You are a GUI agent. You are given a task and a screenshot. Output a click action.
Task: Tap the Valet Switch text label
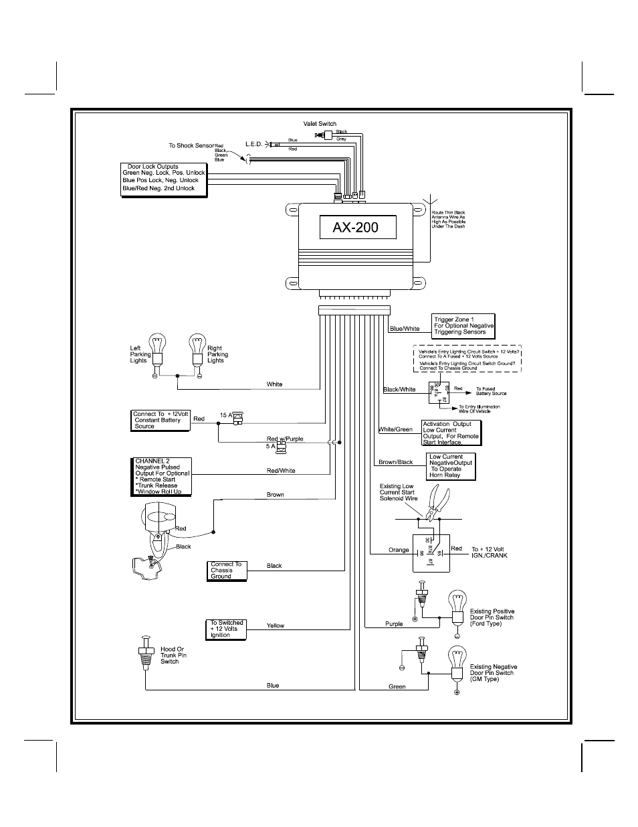pyautogui.click(x=320, y=124)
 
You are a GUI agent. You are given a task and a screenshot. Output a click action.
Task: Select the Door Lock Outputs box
pyautogui.click(x=164, y=179)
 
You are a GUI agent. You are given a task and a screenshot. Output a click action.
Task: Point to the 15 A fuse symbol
pyautogui.click(x=237, y=417)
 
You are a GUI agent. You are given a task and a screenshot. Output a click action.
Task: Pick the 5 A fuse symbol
pyautogui.click(x=282, y=446)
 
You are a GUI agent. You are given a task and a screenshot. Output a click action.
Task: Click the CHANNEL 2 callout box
pyautogui.click(x=162, y=477)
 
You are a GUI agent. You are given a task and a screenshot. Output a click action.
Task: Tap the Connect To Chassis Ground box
pyautogui.click(x=227, y=571)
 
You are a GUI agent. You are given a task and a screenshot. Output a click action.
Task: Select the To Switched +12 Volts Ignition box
pyautogui.click(x=226, y=629)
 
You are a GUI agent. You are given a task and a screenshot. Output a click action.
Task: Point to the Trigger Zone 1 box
pyautogui.click(x=463, y=325)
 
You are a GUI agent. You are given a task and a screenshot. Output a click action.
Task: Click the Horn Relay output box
pyautogui.click(x=451, y=466)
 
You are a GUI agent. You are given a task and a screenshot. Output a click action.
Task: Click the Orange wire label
pyautogui.click(x=399, y=550)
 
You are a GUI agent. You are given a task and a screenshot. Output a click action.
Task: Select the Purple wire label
pyautogui.click(x=394, y=624)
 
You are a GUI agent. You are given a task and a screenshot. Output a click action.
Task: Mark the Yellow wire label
pyautogui.click(x=276, y=625)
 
